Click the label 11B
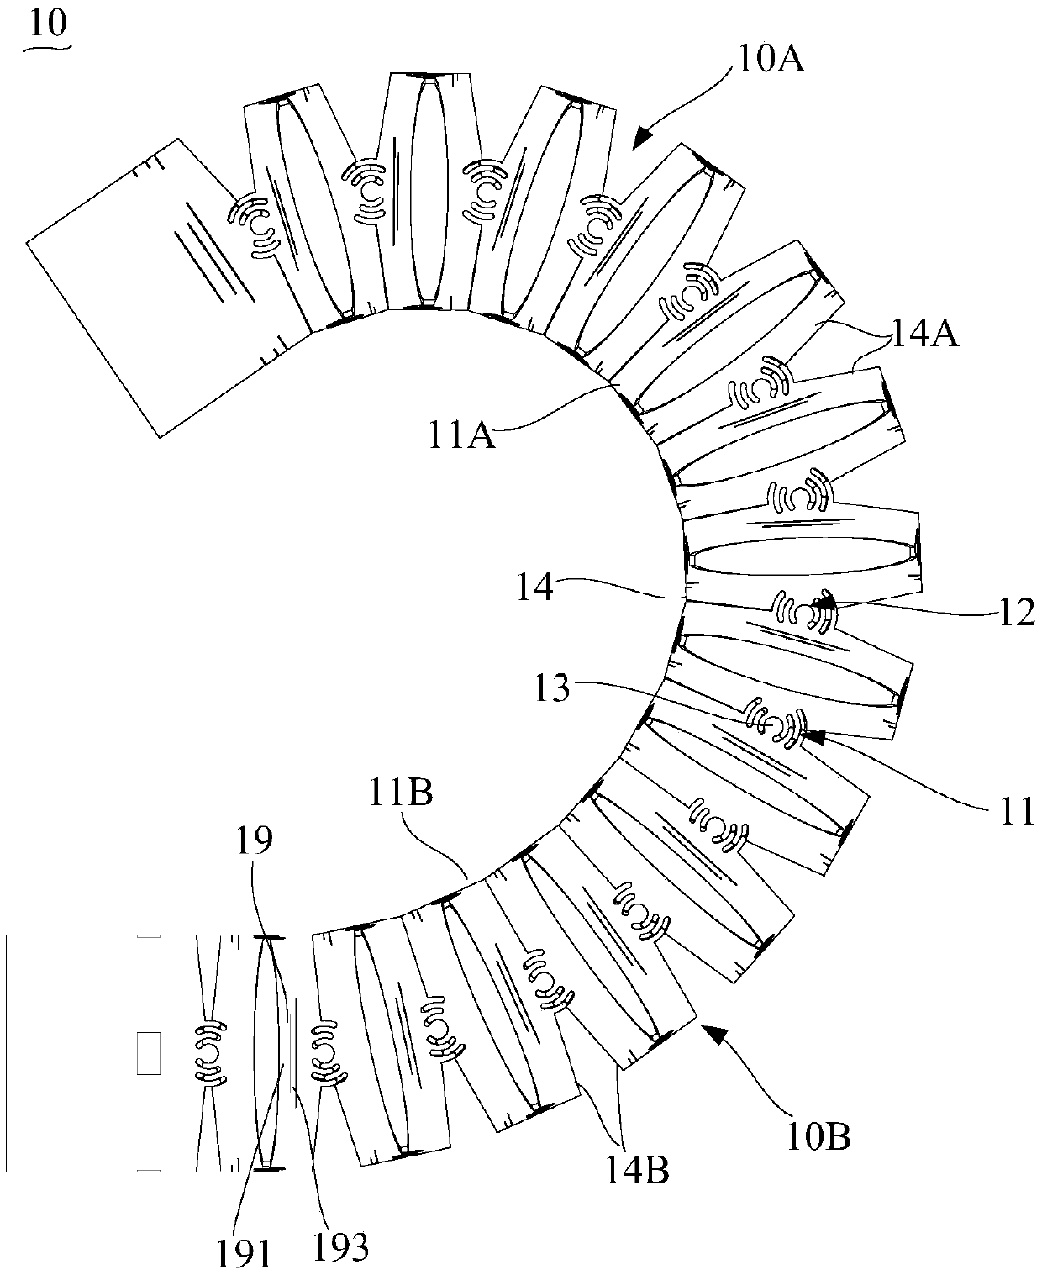pyautogui.click(x=399, y=793)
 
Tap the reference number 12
pyautogui.click(x=1017, y=614)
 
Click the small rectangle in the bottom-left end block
pyautogui.click(x=148, y=1052)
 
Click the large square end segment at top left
pyautogui.click(x=160, y=286)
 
